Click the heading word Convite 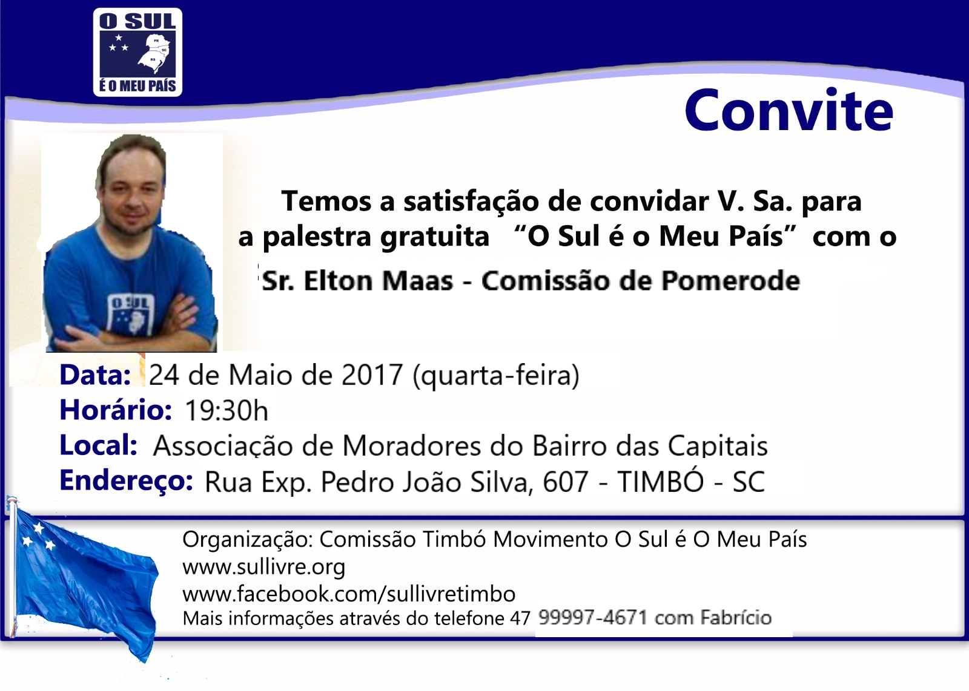coord(789,111)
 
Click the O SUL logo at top coord(137,52)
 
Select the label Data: coord(95,375)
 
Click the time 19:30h coord(227,410)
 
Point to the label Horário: coord(116,410)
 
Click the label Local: coord(99,445)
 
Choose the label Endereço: coord(127,481)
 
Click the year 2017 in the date coord(372,375)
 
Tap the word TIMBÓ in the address coord(661,481)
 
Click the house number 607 coord(566,482)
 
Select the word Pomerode coord(731,281)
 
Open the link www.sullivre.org coord(264,567)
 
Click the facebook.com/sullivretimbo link coord(349,594)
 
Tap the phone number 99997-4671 coord(593,618)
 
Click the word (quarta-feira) coord(496,376)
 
